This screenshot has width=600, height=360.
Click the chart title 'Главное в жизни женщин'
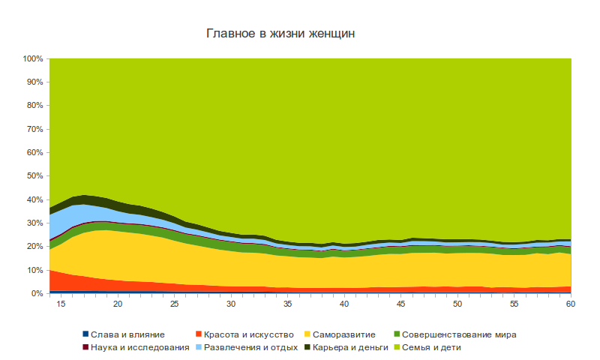[x=281, y=34]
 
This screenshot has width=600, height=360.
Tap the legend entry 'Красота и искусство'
[x=244, y=334]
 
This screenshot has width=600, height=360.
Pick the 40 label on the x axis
[x=343, y=304]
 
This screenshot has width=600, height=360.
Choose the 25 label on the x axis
[x=174, y=304]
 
